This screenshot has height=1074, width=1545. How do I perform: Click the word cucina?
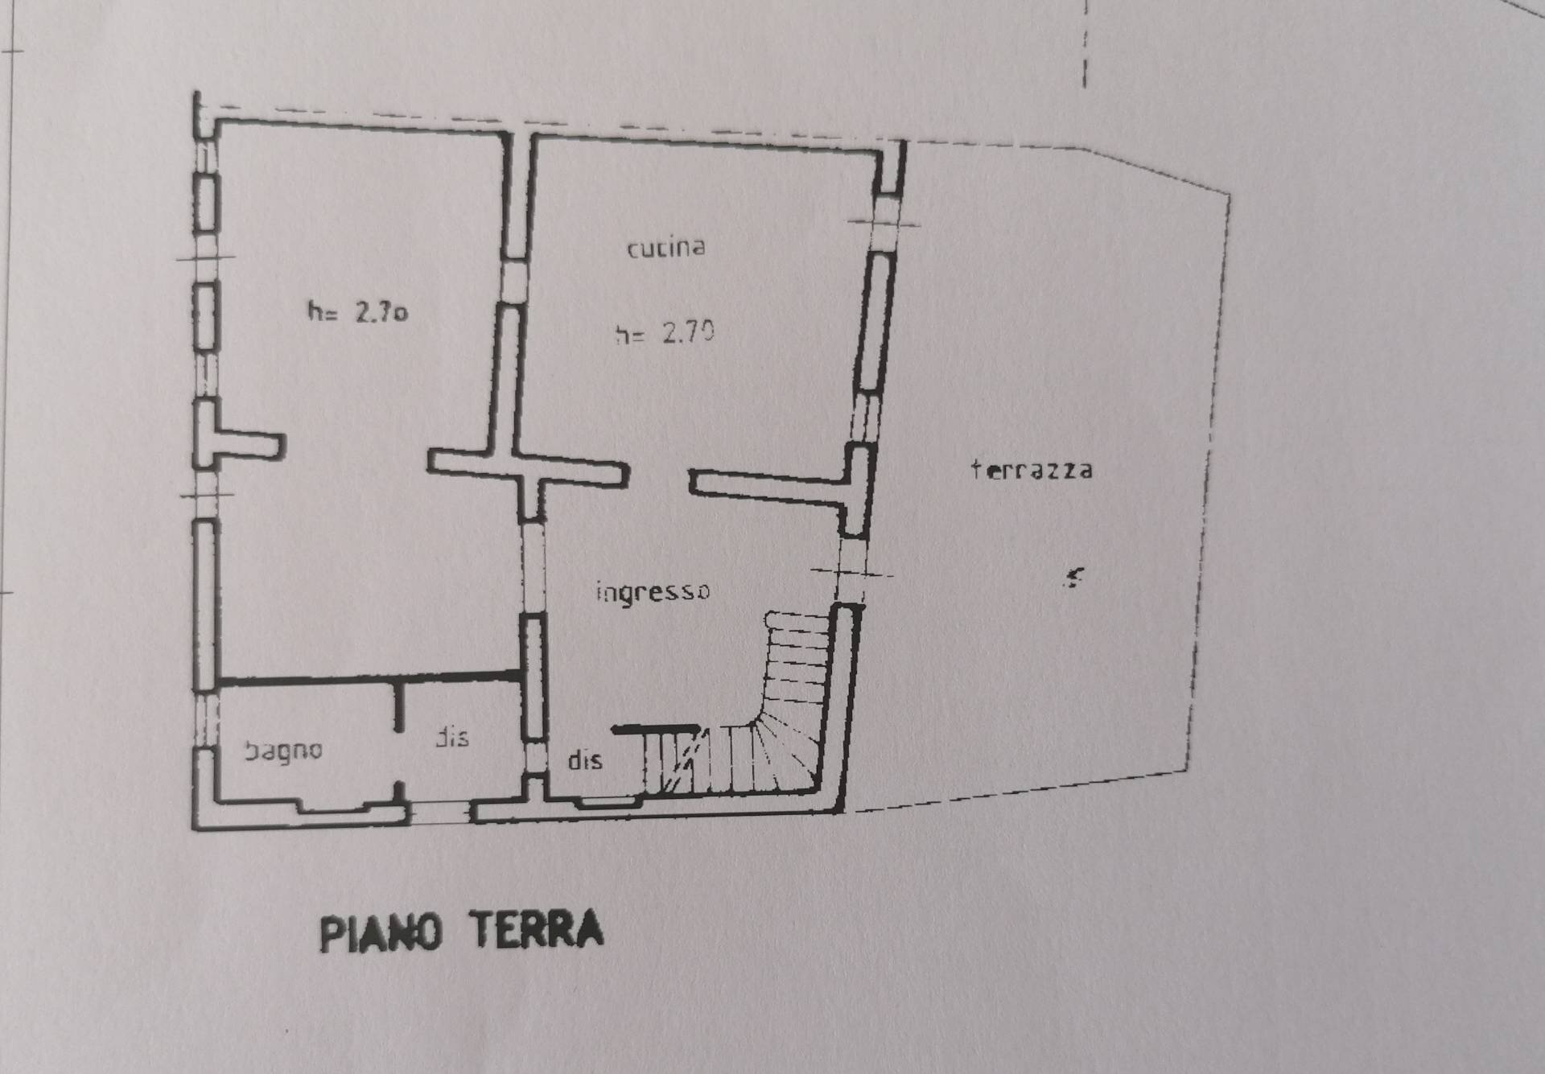665,247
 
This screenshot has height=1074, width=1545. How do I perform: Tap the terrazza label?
1032,470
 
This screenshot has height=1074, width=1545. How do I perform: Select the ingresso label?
653,592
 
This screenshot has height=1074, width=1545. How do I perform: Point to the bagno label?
283,751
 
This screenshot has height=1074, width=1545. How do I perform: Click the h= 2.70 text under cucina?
665,332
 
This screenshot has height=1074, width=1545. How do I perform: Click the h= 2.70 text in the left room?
357,311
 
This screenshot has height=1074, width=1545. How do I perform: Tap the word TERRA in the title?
537,930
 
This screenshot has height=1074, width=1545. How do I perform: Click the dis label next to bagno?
452,737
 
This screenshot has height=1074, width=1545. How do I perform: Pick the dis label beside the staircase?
585,760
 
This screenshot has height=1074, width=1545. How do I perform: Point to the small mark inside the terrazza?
1073,577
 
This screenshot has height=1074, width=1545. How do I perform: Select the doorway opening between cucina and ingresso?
657,479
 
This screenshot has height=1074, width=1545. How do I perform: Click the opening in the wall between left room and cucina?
513,281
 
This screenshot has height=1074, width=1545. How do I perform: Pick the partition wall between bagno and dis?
399,708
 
